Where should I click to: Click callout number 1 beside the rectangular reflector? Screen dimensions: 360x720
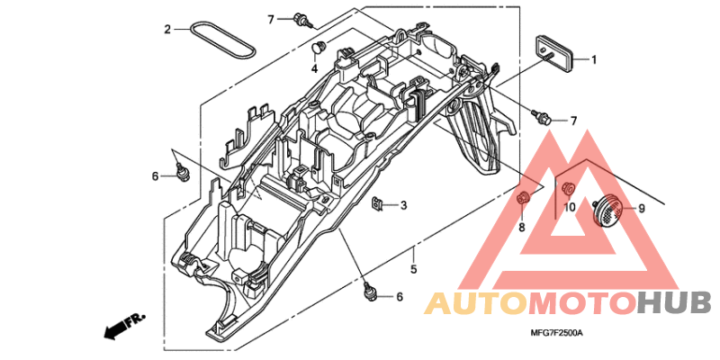point(594,59)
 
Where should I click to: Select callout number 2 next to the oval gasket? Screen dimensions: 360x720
point(166,30)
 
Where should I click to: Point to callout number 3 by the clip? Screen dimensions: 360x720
point(403,206)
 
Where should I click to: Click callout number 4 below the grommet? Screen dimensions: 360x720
point(316,68)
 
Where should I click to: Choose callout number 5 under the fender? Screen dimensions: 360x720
point(413,268)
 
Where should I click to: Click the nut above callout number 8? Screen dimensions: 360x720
point(521,197)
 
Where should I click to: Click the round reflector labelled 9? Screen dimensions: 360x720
point(608,210)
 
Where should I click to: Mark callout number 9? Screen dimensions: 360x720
point(642,209)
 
